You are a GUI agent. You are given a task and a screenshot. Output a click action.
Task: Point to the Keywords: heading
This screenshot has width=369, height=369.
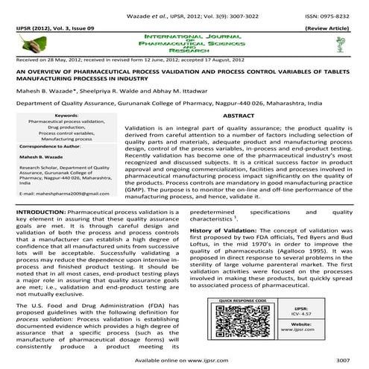[66, 116]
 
